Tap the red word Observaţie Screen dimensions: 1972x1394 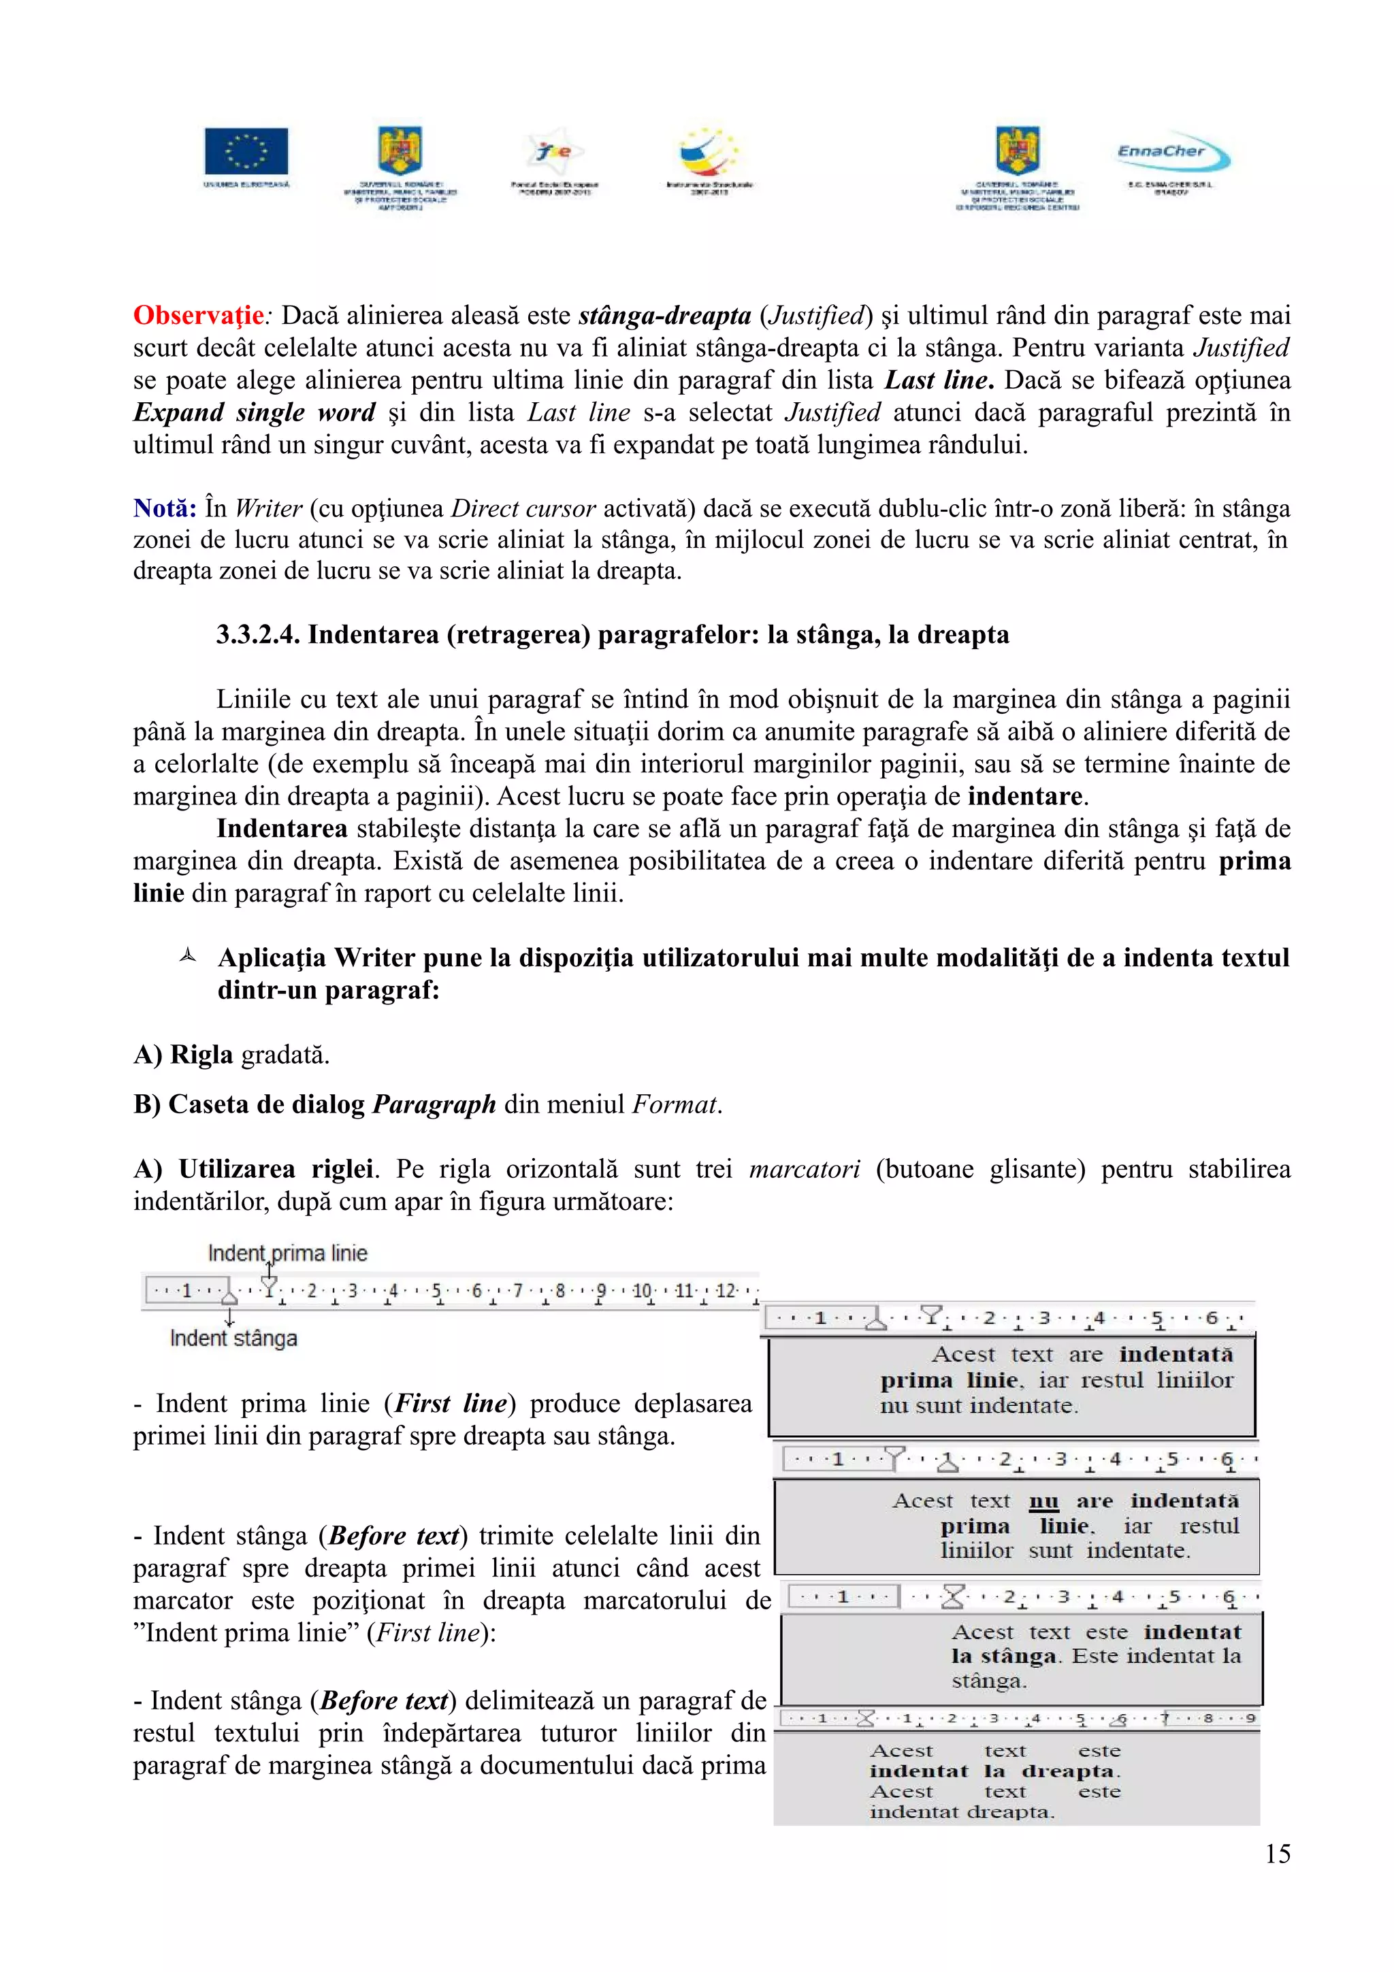point(198,316)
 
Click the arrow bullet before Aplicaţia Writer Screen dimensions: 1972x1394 point(187,956)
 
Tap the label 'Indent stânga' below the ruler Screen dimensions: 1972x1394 point(233,1338)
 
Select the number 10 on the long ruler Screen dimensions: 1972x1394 point(642,1291)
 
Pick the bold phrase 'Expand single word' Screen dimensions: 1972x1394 point(255,413)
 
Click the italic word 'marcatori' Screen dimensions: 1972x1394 point(804,1170)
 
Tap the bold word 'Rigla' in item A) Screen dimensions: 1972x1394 point(201,1055)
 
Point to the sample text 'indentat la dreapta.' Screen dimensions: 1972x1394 point(994,1771)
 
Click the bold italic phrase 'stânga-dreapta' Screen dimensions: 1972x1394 point(665,316)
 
